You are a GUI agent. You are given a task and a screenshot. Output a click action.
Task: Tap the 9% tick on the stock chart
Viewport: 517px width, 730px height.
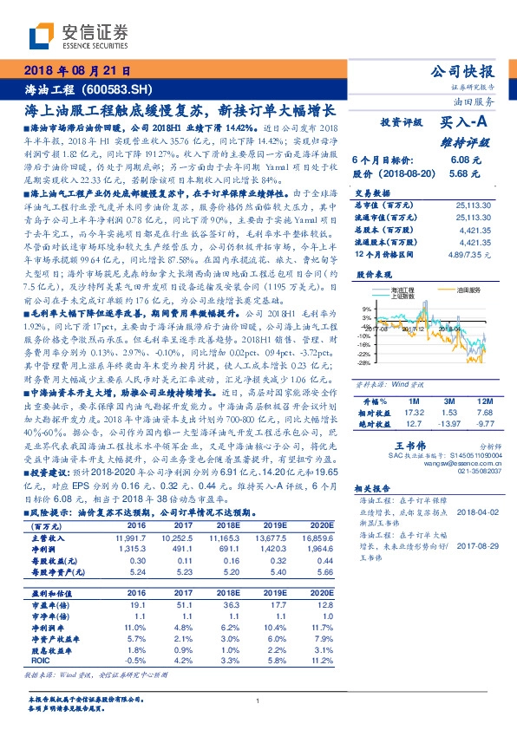coord(366,308)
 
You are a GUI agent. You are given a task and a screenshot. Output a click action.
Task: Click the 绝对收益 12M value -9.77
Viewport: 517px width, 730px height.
coord(485,425)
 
